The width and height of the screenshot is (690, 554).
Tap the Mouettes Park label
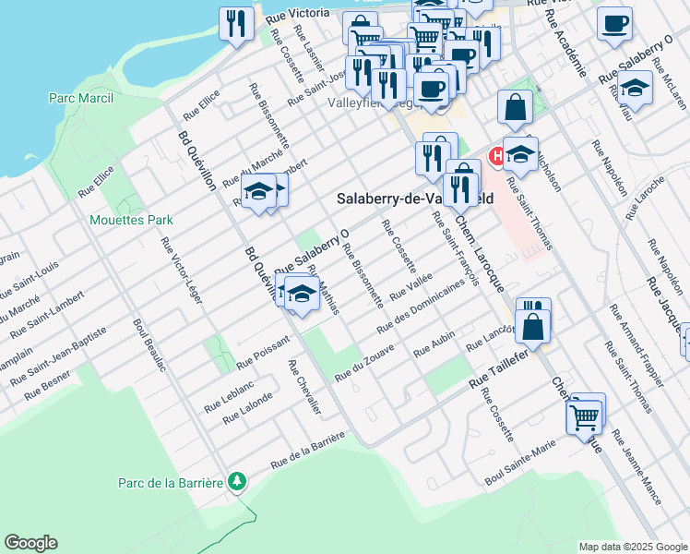click(x=131, y=221)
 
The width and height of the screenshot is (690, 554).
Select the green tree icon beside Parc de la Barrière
click(x=238, y=482)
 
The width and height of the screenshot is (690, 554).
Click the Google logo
click(x=30, y=543)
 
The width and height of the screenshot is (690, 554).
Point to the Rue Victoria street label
click(x=297, y=14)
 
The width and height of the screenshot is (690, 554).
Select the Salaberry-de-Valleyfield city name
click(x=415, y=198)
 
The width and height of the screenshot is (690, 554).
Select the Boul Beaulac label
click(x=149, y=345)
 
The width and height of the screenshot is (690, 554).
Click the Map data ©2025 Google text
click(x=632, y=547)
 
